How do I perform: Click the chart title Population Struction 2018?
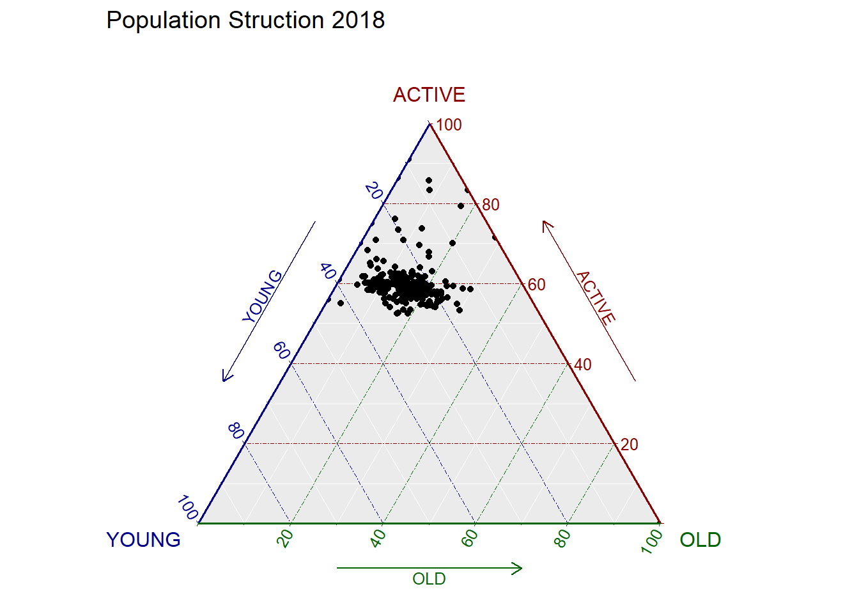tap(245, 20)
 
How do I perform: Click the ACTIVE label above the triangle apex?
tap(429, 95)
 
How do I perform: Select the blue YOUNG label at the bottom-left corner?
tap(143, 540)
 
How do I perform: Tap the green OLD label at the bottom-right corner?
tap(700, 540)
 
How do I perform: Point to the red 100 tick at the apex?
tap(449, 125)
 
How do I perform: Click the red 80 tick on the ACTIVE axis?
tap(491, 205)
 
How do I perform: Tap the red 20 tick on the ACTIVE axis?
tap(629, 445)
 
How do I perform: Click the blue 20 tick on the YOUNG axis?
tap(374, 191)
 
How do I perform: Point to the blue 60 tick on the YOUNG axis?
tap(281, 350)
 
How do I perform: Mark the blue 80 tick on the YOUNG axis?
tap(235, 431)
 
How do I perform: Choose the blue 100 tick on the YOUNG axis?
tap(188, 508)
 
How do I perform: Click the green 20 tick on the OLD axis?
tap(286, 539)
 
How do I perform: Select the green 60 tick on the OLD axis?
tap(470, 539)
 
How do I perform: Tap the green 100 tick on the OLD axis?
tap(653, 541)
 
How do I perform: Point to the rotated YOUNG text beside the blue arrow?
tap(262, 296)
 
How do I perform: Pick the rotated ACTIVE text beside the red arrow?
tap(596, 297)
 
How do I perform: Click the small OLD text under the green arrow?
tap(429, 579)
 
